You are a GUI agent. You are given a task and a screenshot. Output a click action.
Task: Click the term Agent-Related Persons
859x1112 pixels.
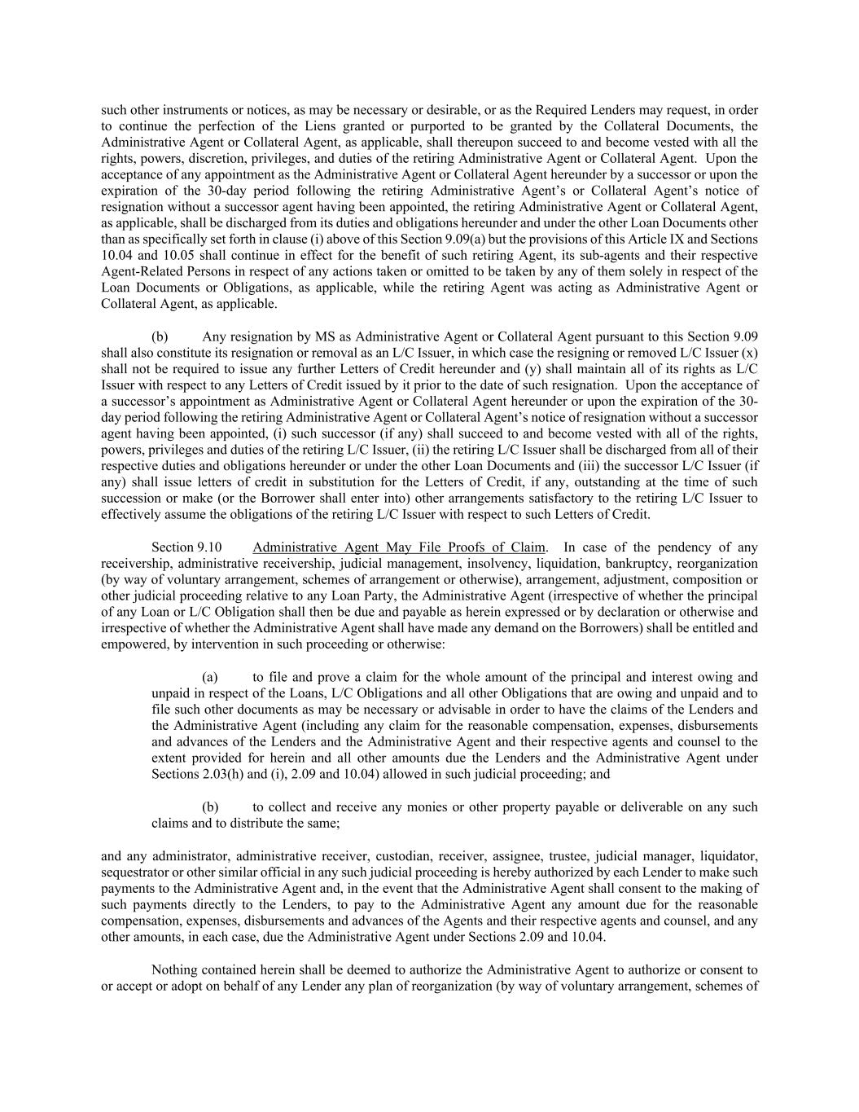(x=160, y=272)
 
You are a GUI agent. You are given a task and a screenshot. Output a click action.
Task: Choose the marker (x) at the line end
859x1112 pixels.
(x=750, y=353)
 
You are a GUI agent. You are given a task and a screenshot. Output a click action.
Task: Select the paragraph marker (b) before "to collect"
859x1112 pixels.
(x=210, y=807)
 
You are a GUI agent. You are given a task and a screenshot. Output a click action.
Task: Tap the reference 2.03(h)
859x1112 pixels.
(x=198, y=775)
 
